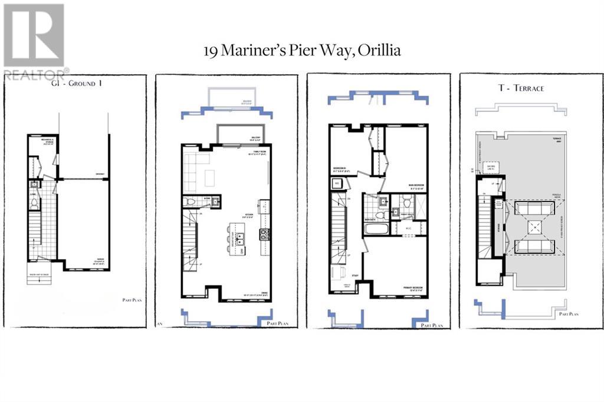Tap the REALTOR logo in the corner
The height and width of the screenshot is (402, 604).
pyautogui.click(x=34, y=41)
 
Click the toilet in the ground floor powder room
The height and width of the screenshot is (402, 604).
pyautogui.click(x=35, y=202)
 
